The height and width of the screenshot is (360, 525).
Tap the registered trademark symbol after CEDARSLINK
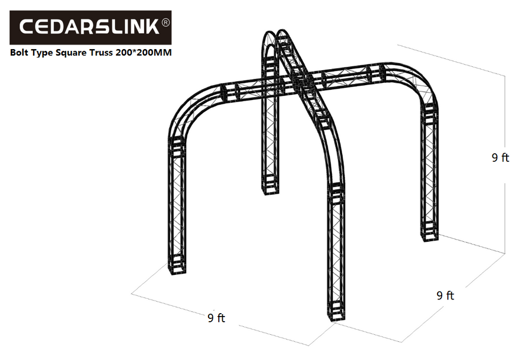(166, 22)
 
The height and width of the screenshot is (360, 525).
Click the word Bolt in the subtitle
(21, 53)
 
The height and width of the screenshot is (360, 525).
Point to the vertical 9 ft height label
(500, 158)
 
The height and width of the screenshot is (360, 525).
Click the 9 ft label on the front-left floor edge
(217, 318)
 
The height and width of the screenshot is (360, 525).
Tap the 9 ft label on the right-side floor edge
(445, 295)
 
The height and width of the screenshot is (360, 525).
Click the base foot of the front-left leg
(178, 269)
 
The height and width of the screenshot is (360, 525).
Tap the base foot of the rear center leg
(268, 187)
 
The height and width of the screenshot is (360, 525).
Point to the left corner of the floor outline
(132, 294)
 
